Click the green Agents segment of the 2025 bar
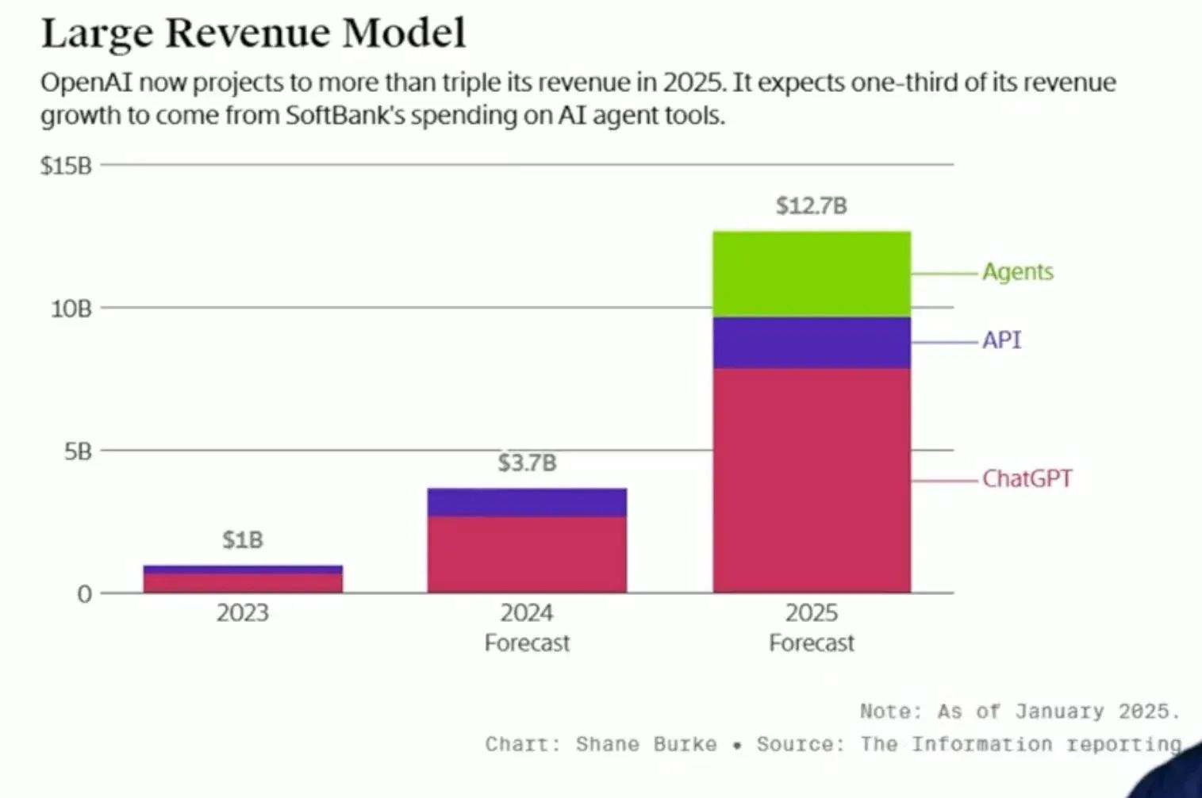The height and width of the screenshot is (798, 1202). click(x=812, y=274)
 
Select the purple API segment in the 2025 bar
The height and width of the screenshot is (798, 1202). click(x=812, y=343)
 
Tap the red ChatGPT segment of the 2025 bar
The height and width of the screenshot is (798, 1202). click(x=812, y=480)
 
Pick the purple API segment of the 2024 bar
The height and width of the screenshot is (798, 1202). click(x=527, y=502)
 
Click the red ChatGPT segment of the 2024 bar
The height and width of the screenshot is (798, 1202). click(x=527, y=554)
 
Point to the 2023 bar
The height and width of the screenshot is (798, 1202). click(x=243, y=579)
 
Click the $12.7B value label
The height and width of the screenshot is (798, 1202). click(x=811, y=206)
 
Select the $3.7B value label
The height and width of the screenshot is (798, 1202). click(x=527, y=462)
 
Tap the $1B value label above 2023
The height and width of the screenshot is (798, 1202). click(x=242, y=540)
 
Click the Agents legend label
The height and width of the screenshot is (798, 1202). click(x=1018, y=272)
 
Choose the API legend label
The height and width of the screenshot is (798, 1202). click(x=1001, y=340)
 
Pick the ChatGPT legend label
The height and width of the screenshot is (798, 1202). click(x=1027, y=479)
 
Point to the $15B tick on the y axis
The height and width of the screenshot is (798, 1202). click(x=66, y=166)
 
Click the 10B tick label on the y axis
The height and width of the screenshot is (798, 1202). click(x=71, y=309)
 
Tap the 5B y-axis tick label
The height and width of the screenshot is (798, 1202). click(x=78, y=452)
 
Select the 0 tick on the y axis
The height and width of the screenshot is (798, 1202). click(x=84, y=594)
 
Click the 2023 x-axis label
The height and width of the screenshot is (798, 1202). click(x=243, y=613)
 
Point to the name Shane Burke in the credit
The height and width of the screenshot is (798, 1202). click(x=646, y=745)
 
